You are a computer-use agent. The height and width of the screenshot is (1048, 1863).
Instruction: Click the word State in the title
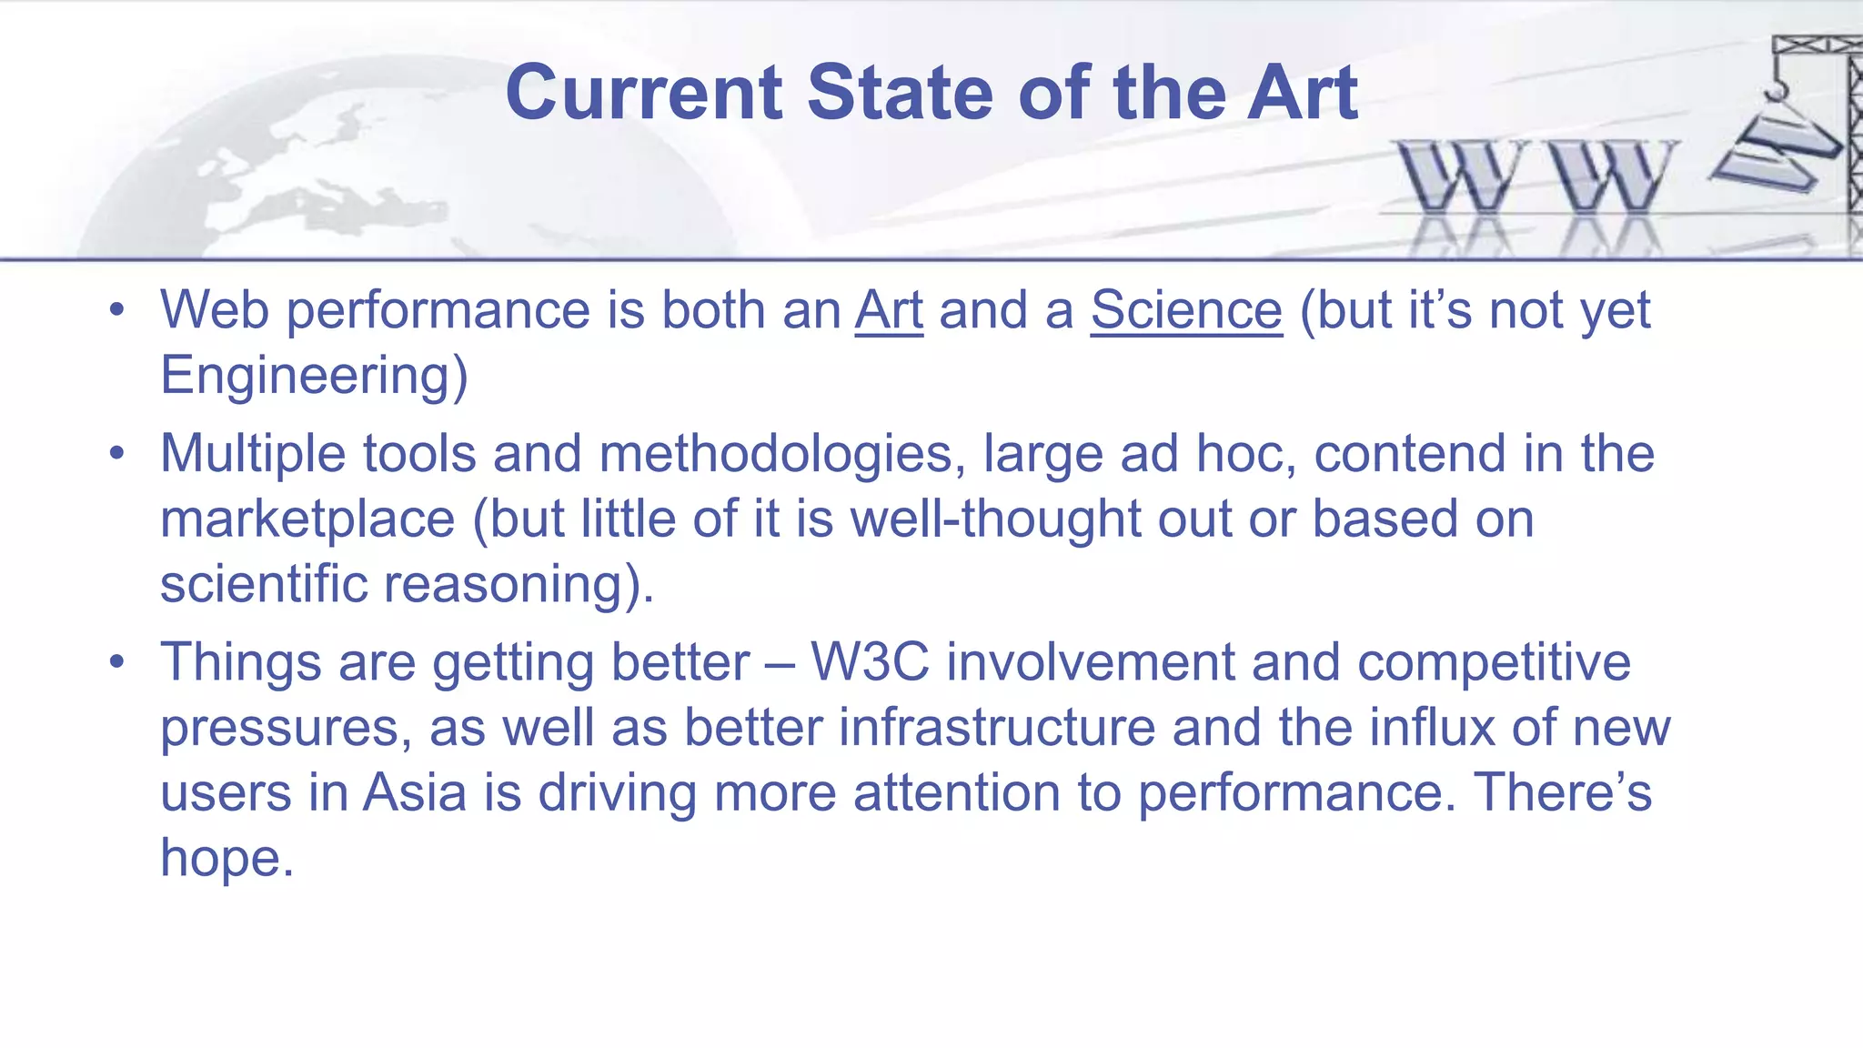click(x=901, y=93)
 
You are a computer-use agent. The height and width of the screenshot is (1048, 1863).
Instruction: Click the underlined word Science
click(x=1186, y=311)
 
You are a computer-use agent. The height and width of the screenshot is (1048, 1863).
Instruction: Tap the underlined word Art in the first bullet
click(x=889, y=311)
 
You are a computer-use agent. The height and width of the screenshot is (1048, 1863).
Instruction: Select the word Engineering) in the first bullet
click(x=314, y=377)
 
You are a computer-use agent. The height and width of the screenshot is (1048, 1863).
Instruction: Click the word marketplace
click(x=307, y=519)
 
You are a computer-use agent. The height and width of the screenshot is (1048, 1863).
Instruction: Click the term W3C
click(x=870, y=662)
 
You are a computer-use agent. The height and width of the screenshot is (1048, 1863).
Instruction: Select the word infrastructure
click(x=997, y=728)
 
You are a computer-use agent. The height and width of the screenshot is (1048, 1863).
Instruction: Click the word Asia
click(x=415, y=792)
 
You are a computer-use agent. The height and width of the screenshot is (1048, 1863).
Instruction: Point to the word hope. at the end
click(x=227, y=858)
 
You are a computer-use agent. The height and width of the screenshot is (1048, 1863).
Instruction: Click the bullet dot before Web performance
click(x=116, y=311)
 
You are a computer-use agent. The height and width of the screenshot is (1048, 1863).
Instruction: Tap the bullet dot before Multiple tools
click(x=116, y=454)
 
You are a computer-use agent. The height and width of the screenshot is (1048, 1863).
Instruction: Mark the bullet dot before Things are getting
click(x=116, y=662)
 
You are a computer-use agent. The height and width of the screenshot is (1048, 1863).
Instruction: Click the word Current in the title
click(x=643, y=93)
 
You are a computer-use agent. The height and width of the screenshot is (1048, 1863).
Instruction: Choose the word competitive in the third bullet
click(x=1494, y=662)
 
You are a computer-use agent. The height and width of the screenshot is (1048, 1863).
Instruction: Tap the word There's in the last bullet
click(x=1562, y=792)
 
